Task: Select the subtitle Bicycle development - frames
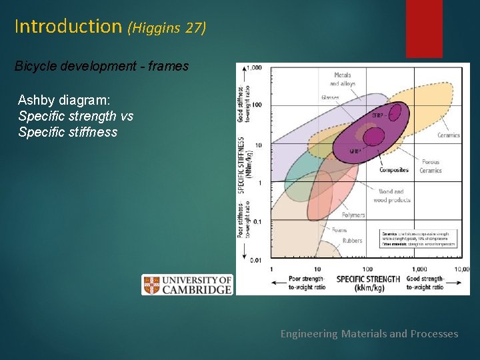[x=102, y=67]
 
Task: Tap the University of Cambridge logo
[x=187, y=285]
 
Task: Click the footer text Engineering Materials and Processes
[x=369, y=333]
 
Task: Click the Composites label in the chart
[x=393, y=170]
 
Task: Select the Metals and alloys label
[x=343, y=79]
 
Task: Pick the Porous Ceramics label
[x=431, y=166]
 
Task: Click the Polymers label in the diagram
[x=353, y=215]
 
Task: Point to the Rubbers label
[x=352, y=241]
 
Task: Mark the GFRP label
[x=355, y=151]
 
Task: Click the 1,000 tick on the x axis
[x=419, y=269]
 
